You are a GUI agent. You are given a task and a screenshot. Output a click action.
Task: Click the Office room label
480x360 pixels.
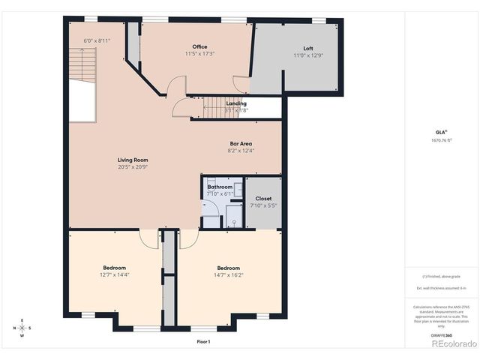click(199, 47)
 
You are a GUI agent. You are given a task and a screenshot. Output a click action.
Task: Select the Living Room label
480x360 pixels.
click(132, 160)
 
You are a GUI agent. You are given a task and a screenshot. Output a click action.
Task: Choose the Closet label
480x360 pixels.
click(262, 199)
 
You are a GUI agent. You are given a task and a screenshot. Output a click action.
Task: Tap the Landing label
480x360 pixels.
click(236, 103)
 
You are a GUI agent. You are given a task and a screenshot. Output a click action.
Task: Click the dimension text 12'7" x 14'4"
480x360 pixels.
click(114, 275)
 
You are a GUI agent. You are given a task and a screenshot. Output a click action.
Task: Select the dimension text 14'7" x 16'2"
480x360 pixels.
click(228, 275)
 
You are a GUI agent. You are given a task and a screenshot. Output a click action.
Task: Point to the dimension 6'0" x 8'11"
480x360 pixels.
click(97, 40)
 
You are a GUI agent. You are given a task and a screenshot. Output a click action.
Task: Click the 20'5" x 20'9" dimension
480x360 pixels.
click(132, 166)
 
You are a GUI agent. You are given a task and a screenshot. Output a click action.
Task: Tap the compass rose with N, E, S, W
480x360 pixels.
click(22, 328)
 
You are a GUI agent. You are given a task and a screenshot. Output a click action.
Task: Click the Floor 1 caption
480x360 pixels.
click(203, 341)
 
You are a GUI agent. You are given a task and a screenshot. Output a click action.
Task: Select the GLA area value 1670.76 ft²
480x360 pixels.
click(441, 140)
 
